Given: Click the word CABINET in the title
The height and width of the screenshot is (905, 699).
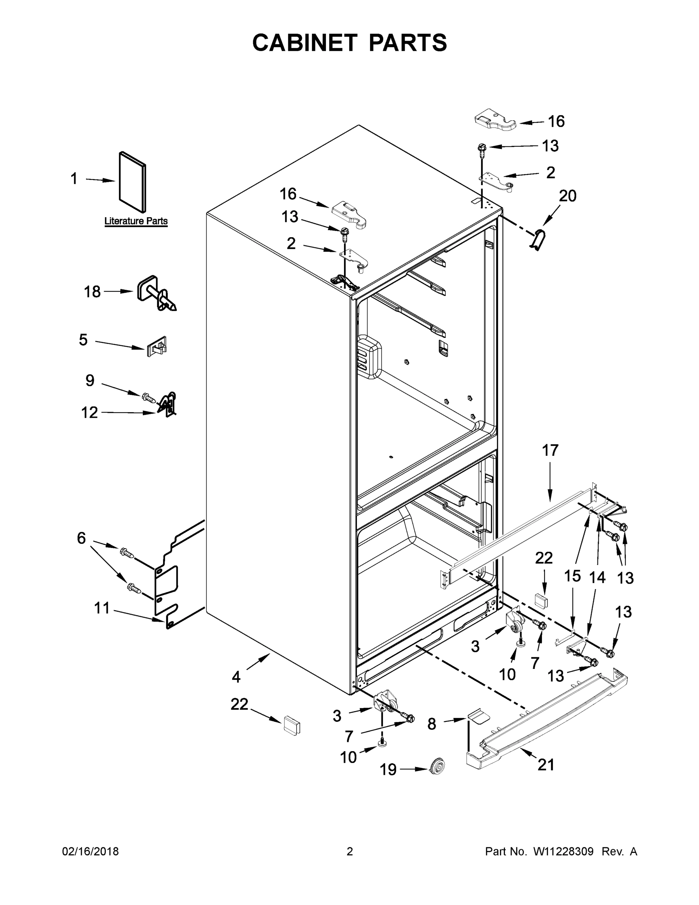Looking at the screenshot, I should click(305, 43).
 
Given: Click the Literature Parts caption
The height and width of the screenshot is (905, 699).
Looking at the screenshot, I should click(136, 221).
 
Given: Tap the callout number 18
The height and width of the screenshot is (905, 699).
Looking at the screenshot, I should click(92, 292).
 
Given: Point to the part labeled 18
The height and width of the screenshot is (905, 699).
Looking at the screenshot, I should click(155, 293).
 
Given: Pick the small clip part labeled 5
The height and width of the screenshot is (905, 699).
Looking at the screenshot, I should click(156, 347).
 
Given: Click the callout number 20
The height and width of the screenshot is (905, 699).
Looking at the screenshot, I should click(567, 196).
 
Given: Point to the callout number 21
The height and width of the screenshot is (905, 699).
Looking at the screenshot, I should click(546, 764).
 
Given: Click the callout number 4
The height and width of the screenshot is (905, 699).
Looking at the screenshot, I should click(236, 677).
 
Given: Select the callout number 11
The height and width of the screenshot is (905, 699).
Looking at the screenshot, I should click(102, 608).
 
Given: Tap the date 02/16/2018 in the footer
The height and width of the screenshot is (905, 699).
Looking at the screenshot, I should click(90, 851).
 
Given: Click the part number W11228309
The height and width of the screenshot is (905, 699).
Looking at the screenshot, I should click(563, 851).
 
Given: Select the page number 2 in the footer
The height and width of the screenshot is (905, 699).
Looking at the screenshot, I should click(350, 851).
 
